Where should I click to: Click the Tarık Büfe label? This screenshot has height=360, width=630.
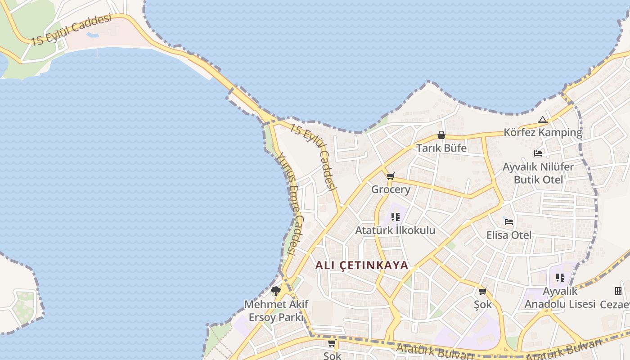point(441,148)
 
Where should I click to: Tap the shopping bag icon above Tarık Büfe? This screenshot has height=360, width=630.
point(441,135)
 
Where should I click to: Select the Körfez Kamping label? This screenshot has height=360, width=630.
point(543,132)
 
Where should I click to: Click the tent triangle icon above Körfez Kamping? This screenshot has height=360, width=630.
point(543,120)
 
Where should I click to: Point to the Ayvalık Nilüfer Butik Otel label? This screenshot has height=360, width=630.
point(538,173)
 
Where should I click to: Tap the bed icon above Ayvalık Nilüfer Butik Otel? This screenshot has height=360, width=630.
point(538,153)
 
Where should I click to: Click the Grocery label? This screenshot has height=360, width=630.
point(391,189)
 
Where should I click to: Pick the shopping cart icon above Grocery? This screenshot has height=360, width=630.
point(390,176)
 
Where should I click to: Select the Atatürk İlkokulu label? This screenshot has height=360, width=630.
point(395,230)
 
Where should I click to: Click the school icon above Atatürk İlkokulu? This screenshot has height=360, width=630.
point(396,217)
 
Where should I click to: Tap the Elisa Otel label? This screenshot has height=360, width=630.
point(509,235)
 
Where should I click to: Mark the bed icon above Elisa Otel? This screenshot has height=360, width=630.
point(509,221)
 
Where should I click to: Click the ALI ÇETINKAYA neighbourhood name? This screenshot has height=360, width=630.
point(361,265)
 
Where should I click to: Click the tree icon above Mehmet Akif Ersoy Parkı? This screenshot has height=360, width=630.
point(276,291)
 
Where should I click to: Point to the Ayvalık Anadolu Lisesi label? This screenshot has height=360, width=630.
point(560,297)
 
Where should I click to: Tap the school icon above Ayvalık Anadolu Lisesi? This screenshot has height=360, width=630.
point(560,278)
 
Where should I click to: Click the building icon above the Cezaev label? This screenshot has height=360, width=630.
point(618,291)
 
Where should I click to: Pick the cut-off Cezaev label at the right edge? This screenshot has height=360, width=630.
point(616,305)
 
